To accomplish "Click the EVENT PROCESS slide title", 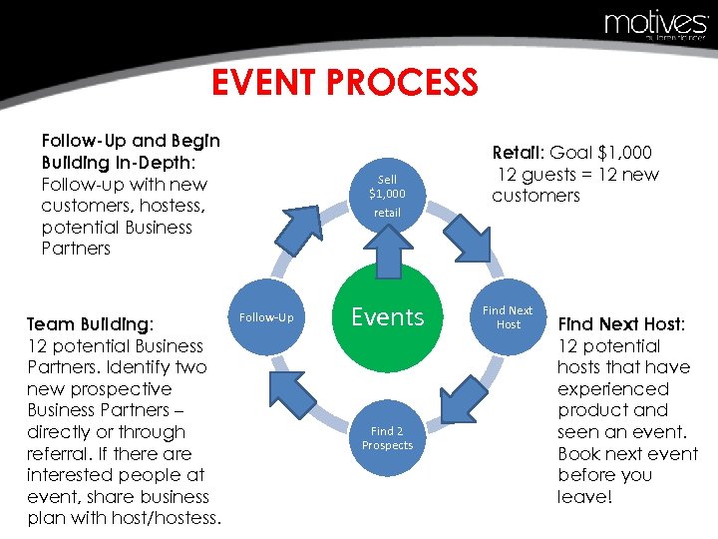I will pyautogui.click(x=345, y=82).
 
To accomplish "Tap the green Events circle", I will pyautogui.click(x=387, y=317).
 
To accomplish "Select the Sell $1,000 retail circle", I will pyautogui.click(x=387, y=196).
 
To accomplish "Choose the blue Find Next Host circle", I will pyautogui.click(x=508, y=317).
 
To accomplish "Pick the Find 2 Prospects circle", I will pyautogui.click(x=387, y=438).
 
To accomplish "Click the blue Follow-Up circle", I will pyautogui.click(x=266, y=317).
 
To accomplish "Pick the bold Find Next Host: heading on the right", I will pyautogui.click(x=619, y=324).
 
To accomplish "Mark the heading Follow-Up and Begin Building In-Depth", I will pyautogui.click(x=131, y=152).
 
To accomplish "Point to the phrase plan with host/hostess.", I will pyautogui.click(x=124, y=517).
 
